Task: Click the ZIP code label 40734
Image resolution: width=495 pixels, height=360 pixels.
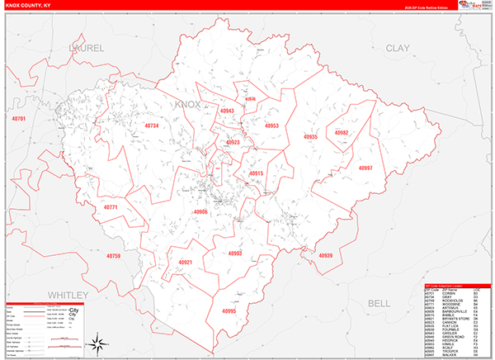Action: pyautogui.click(x=151, y=126)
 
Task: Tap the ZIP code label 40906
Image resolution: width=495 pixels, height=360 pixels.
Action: pyautogui.click(x=200, y=212)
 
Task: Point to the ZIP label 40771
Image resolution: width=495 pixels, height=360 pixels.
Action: pyautogui.click(x=111, y=207)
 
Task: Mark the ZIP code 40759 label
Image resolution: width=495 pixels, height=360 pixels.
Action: pyautogui.click(x=113, y=256)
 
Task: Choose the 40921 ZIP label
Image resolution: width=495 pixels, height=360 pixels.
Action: pyautogui.click(x=186, y=263)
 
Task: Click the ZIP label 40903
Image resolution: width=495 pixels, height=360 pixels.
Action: pyautogui.click(x=235, y=253)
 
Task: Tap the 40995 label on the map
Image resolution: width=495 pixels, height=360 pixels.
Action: pyautogui.click(x=229, y=311)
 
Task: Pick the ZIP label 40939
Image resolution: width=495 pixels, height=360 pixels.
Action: pyautogui.click(x=325, y=256)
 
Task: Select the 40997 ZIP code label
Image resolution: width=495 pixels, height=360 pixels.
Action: pyautogui.click(x=365, y=168)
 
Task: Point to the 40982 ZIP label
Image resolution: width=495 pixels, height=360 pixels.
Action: pyautogui.click(x=342, y=132)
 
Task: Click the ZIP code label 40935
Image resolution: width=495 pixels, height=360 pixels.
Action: pyautogui.click(x=310, y=136)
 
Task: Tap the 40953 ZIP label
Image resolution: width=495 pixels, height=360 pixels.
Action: pyautogui.click(x=271, y=126)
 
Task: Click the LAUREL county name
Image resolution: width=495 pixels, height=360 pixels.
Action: pyautogui.click(x=88, y=49)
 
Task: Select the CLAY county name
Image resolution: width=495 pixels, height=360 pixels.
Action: pyautogui.click(x=397, y=49)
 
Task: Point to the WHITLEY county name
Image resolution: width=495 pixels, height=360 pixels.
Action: pyautogui.click(x=66, y=295)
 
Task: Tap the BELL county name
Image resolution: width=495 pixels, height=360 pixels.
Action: pyautogui.click(x=378, y=304)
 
